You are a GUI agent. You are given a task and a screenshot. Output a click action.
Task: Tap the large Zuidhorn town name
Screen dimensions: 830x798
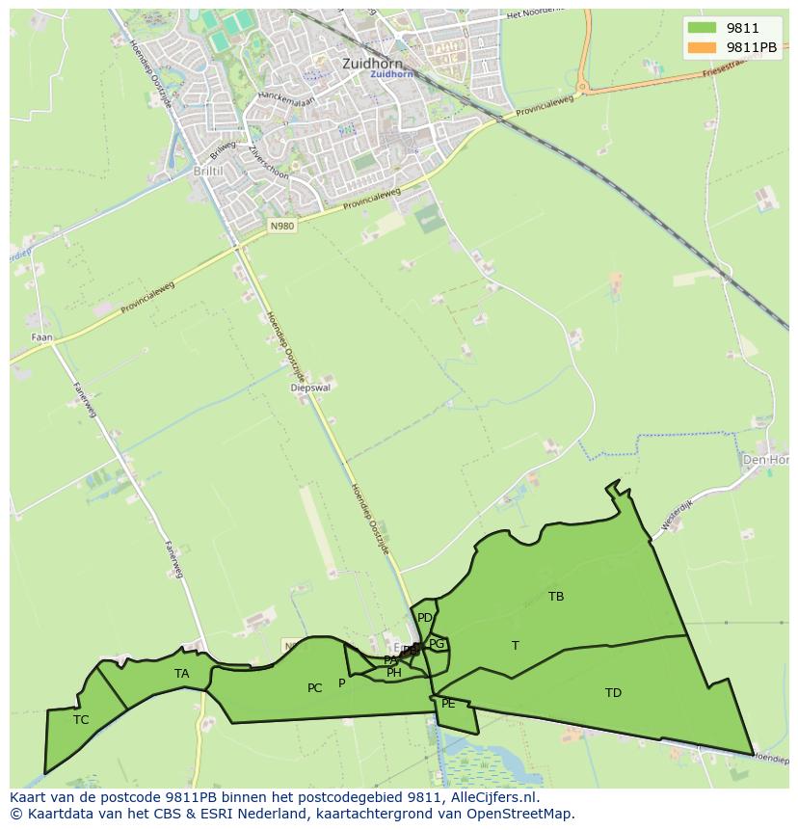[x=369, y=63]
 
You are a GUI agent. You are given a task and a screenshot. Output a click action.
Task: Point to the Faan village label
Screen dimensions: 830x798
[x=42, y=337]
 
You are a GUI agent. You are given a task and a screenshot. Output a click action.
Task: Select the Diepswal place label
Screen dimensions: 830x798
[x=310, y=388]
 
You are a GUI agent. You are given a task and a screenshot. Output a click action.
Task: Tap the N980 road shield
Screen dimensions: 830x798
[x=281, y=226]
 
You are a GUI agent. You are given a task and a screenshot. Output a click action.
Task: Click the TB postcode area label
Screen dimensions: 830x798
[x=556, y=597]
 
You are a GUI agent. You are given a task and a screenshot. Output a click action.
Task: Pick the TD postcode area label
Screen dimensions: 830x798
[x=613, y=693]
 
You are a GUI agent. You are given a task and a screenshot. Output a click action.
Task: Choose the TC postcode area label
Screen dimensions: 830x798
[x=81, y=719]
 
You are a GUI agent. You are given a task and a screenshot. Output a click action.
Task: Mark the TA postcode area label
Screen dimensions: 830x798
[x=182, y=674]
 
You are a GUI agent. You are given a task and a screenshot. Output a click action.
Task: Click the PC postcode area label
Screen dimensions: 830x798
[x=315, y=688]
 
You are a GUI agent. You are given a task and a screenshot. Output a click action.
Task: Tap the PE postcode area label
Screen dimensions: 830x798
[x=448, y=705]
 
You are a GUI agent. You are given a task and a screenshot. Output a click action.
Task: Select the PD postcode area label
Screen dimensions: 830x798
[x=425, y=618]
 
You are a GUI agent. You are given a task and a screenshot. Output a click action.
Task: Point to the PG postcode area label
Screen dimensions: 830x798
[x=437, y=644]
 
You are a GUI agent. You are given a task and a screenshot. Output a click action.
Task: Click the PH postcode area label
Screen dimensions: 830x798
[x=394, y=674]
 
